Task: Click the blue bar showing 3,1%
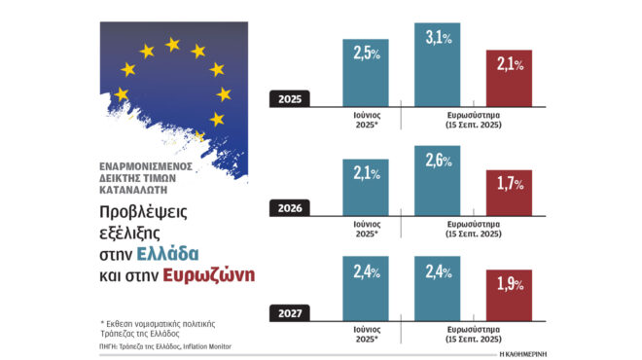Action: click(x=446, y=64)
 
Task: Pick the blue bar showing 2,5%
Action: click(x=366, y=70)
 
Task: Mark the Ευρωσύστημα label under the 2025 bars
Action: click(x=473, y=117)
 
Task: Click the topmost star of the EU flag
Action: click(x=173, y=44)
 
